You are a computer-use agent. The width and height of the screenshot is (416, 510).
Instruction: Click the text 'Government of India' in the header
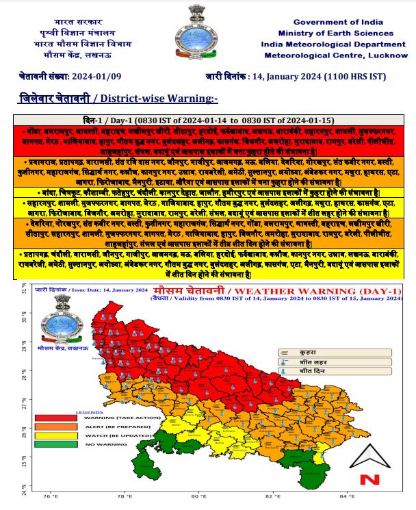pyautogui.click(x=335, y=22)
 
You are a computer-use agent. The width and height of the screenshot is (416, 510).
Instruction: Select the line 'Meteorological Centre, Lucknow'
pyautogui.click(x=335, y=55)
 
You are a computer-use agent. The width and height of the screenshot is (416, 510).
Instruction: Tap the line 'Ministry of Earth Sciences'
pyautogui.click(x=335, y=33)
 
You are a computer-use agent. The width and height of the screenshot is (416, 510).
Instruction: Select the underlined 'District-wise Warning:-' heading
pyautogui.click(x=166, y=99)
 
